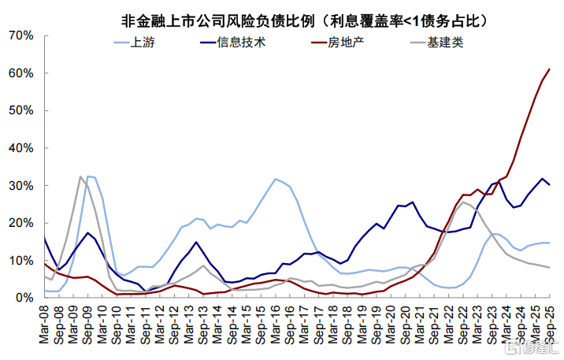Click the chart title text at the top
tap(304, 20)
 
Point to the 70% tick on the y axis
tap(20, 35)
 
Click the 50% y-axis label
tap(20, 110)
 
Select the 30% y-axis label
tap(20, 186)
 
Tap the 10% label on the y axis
tap(20, 261)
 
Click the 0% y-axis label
tap(25, 298)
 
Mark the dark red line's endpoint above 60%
tap(550, 69)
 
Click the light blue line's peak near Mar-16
tap(275, 179)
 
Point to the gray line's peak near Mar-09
tap(80, 176)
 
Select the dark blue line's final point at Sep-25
tap(550, 185)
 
